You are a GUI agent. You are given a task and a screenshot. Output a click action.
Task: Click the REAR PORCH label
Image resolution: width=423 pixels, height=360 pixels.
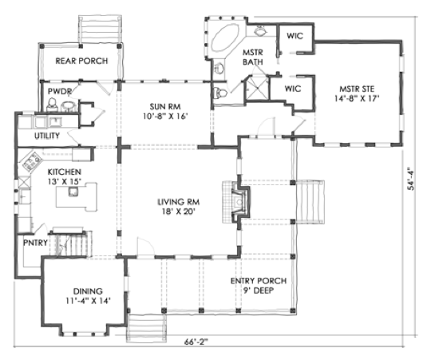click(81, 61)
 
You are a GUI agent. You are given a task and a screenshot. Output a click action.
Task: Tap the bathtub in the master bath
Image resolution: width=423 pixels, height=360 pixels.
click(225, 38)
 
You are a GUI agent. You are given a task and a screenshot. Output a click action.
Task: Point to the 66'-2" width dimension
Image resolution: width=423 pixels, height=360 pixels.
click(196, 342)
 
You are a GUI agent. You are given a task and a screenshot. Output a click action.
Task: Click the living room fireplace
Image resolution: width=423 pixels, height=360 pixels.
click(236, 202)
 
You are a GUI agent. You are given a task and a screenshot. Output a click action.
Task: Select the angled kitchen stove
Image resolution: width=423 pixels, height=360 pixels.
click(32, 161)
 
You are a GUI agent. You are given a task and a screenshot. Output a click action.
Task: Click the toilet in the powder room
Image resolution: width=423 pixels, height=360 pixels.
click(53, 105)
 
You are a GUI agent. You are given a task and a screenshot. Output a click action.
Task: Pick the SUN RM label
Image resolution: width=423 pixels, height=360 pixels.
click(165, 106)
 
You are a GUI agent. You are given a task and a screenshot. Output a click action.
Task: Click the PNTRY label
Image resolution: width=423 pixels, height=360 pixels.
click(35, 243)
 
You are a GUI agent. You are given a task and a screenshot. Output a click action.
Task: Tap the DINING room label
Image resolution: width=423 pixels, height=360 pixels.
click(88, 291)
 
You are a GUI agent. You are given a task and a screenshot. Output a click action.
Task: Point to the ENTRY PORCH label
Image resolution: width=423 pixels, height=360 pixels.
click(259, 281)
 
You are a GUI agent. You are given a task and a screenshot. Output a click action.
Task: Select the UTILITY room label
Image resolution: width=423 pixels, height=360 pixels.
click(47, 136)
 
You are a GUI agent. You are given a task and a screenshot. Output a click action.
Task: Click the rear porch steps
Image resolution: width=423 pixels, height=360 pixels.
click(100, 29)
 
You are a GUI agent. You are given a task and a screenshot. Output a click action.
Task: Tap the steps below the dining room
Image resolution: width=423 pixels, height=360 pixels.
click(146, 328)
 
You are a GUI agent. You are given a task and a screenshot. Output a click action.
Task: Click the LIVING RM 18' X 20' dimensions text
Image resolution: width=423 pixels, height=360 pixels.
click(178, 212)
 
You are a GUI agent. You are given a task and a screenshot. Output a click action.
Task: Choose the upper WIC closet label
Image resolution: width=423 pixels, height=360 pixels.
click(295, 36)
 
